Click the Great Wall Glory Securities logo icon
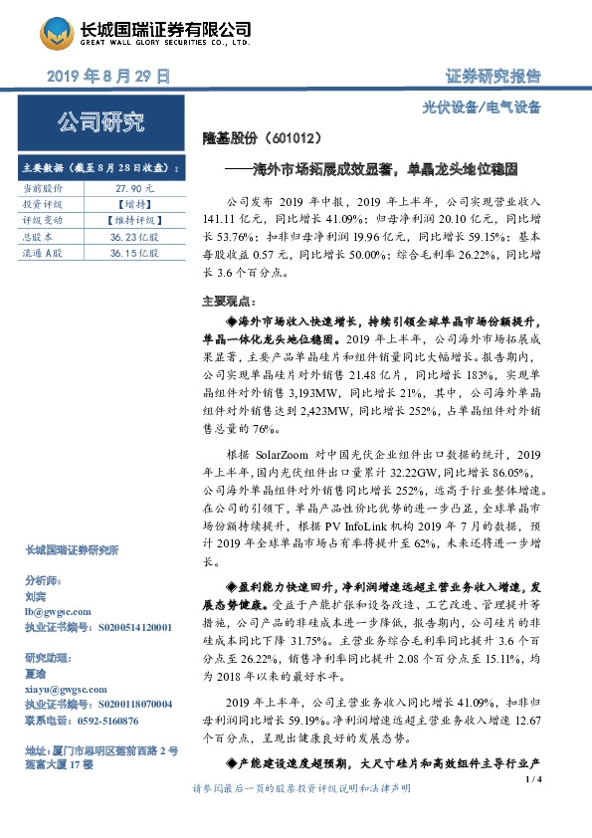tap(59, 32)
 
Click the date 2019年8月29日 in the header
tap(108, 76)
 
